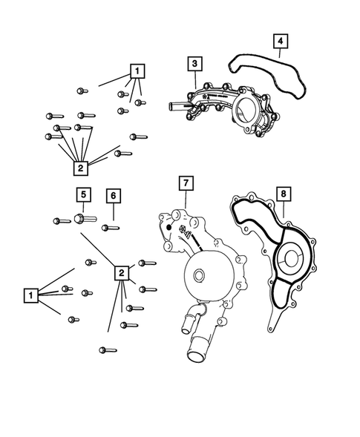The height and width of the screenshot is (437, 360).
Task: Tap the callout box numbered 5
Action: [83, 195]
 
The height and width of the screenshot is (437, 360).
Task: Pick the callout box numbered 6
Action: [112, 195]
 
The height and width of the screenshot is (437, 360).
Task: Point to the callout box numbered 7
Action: [186, 182]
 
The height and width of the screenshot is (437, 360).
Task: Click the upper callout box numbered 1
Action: [137, 71]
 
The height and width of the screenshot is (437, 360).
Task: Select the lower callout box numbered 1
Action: [30, 295]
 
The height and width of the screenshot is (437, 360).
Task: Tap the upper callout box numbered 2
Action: [81, 168]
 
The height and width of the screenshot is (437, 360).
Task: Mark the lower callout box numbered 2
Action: [120, 273]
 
